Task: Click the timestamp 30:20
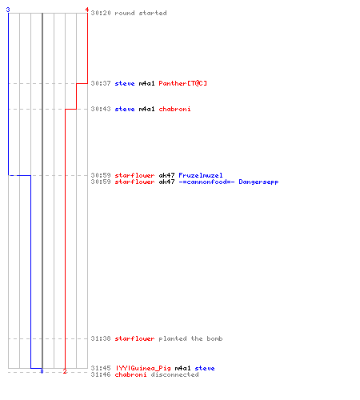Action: tap(101, 13)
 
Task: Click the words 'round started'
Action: tap(141, 13)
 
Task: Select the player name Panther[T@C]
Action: tap(182, 83)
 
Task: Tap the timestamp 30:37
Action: tap(101, 83)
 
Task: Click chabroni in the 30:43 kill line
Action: tap(174, 109)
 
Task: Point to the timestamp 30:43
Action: tap(101, 109)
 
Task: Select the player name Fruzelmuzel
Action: tap(201, 175)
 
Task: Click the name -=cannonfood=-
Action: tap(206, 182)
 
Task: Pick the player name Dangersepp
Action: tap(258, 182)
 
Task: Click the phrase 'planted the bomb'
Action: tap(190, 338)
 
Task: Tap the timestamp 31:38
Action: tap(101, 338)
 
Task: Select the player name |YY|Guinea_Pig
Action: tap(143, 368)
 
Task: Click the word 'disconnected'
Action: tap(174, 374)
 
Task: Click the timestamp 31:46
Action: tap(101, 374)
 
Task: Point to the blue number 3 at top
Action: tap(8, 10)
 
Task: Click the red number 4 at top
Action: tap(87, 10)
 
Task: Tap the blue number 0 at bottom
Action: tap(42, 371)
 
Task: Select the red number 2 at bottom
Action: tap(65, 371)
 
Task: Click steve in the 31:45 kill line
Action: tap(205, 368)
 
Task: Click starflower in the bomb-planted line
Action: tap(134, 338)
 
